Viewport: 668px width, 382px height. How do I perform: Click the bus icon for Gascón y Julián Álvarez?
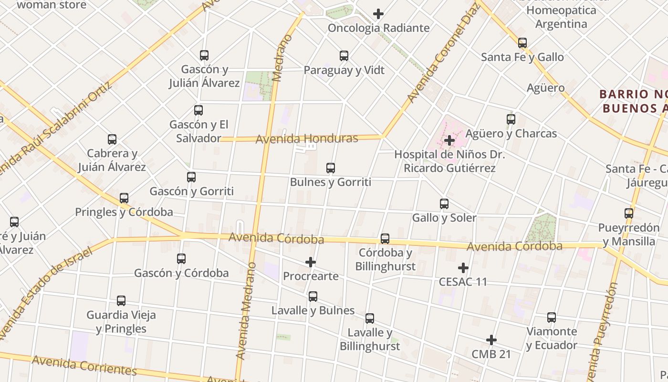point(204,55)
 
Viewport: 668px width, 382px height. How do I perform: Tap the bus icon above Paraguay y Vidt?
point(344,56)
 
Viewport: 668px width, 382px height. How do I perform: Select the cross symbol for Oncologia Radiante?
point(378,14)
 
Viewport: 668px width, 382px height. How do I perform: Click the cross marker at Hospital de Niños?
point(449,140)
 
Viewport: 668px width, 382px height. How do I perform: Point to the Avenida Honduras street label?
point(307,139)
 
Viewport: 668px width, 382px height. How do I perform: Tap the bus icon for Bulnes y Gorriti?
point(331,168)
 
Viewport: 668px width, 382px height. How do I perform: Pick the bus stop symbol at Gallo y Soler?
point(444,204)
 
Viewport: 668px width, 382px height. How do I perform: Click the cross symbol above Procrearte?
point(311,262)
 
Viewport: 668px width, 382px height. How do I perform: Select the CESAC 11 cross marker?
point(463,268)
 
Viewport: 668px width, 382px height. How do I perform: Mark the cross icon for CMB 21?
point(491,340)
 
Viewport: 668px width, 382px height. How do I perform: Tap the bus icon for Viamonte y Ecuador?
point(552,318)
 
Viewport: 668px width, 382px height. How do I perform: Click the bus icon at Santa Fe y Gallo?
point(522,43)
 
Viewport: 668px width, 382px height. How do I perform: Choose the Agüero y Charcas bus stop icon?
point(511,119)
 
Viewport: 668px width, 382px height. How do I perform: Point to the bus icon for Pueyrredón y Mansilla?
point(629,213)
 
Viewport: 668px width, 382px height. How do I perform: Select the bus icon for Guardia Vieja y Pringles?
point(121,301)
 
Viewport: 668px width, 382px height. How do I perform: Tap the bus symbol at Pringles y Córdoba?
point(124,198)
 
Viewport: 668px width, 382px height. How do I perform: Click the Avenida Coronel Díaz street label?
point(443,53)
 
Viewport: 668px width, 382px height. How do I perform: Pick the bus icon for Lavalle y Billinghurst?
point(370,318)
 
